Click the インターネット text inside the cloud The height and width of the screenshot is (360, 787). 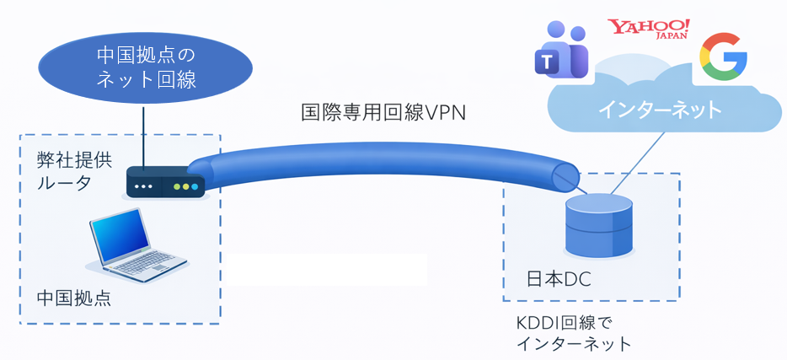click(x=661, y=109)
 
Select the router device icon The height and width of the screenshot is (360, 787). click(x=165, y=185)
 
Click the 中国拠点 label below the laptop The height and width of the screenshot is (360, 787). click(x=73, y=299)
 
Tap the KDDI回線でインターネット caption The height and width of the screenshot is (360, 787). click(x=572, y=333)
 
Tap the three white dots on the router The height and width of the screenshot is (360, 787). click(x=145, y=186)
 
